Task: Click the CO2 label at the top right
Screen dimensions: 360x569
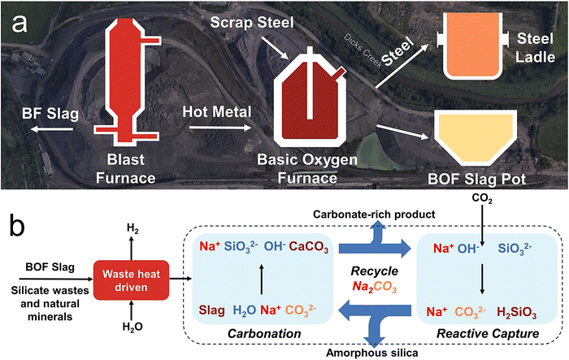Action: [480, 198]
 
